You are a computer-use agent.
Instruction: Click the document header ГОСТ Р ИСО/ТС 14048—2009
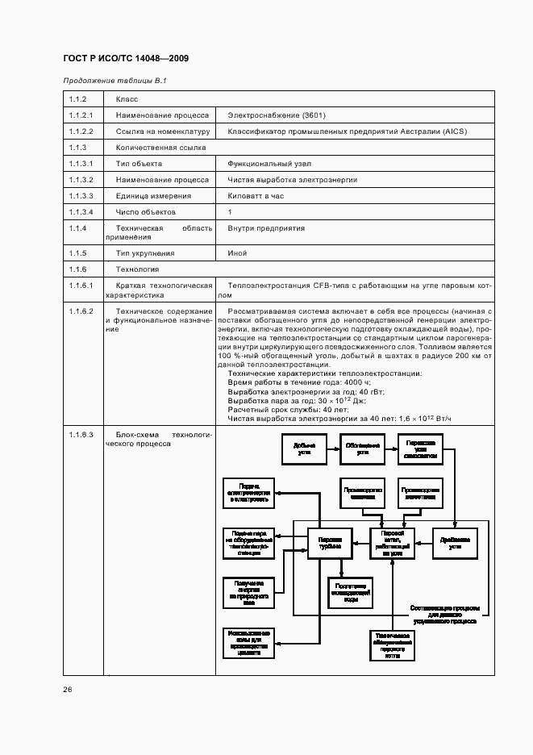(126, 60)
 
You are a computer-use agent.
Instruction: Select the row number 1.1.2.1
(81, 115)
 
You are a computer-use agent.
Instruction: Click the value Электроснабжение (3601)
(277, 115)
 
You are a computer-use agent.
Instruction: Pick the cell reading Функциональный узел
(267, 164)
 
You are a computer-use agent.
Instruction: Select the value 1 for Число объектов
(230, 212)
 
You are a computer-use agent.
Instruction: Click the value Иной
(237, 253)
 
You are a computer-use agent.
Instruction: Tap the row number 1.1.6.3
(81, 435)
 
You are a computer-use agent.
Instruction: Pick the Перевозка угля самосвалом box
(421, 449)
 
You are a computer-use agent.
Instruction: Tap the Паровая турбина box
(331, 544)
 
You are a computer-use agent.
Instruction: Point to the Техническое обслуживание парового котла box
(393, 645)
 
